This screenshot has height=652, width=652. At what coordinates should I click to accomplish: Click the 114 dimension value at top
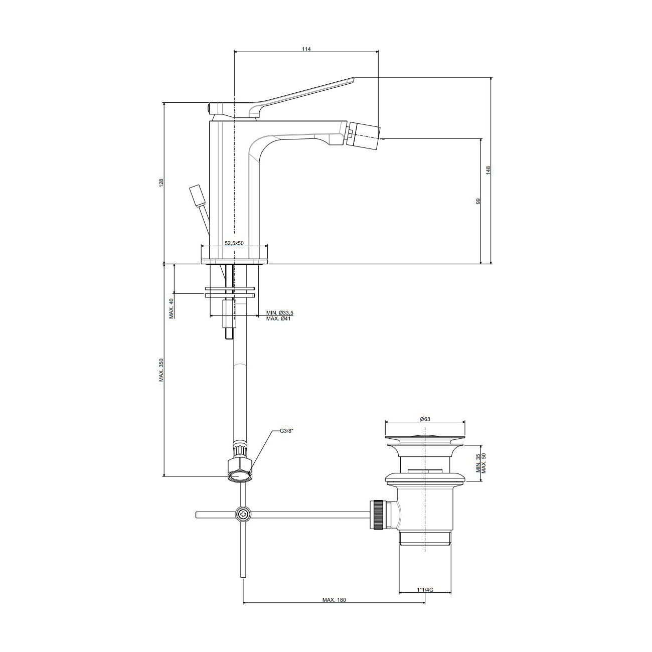[306, 49]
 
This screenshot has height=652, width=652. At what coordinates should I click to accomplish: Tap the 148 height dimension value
[488, 170]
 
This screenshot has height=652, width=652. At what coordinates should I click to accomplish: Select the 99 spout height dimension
[478, 201]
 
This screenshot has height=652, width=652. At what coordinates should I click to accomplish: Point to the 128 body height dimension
[161, 183]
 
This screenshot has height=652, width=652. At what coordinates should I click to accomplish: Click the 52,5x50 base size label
[234, 243]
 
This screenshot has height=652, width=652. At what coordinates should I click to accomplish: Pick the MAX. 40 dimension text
[171, 308]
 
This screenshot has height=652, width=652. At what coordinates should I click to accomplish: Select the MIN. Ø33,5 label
[279, 313]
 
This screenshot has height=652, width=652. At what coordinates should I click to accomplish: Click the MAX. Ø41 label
[278, 318]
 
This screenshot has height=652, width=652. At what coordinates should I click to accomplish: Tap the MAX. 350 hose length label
[161, 370]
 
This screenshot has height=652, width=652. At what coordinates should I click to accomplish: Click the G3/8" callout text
[286, 431]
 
